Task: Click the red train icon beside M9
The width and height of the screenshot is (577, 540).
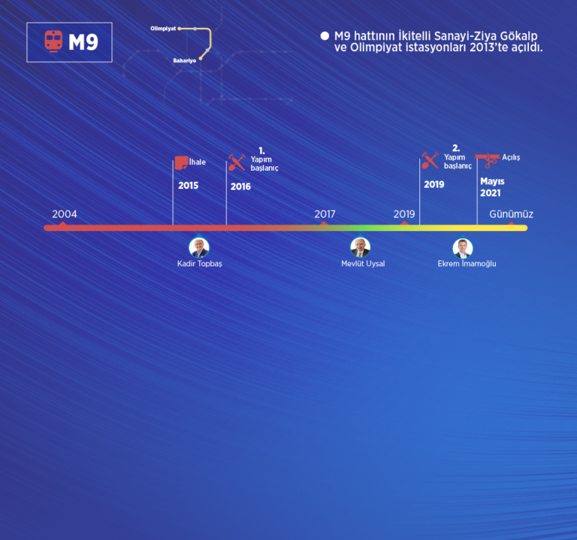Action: pos(53,41)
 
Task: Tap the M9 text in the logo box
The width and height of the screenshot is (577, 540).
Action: pos(83,42)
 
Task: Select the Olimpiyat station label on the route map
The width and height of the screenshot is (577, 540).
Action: pos(163,29)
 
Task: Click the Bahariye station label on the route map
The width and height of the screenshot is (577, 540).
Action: pos(184,60)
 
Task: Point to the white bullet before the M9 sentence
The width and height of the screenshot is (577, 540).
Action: pos(325,36)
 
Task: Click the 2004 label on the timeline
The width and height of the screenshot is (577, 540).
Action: pos(65,214)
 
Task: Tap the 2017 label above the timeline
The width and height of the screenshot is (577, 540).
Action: pos(325,214)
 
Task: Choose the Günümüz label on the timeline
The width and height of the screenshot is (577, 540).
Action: pos(511,214)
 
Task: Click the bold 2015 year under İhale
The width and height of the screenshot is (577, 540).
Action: pos(188,185)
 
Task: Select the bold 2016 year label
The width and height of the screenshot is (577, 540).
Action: pos(240,187)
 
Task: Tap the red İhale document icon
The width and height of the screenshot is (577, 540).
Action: pos(181,162)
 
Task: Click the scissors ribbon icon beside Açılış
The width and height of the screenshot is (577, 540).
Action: pos(488,160)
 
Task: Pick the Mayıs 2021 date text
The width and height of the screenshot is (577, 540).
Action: pos(492,187)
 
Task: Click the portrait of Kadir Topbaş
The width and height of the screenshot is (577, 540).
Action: pos(199,247)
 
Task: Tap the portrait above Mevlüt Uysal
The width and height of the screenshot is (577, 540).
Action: pos(361,247)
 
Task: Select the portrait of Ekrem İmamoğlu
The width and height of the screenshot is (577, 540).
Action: pos(463,248)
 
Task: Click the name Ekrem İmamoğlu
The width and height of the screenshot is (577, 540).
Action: pos(467,264)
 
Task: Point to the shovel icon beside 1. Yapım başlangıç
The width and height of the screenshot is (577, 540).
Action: pos(237,162)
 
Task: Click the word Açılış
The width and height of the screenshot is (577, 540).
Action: pos(511,157)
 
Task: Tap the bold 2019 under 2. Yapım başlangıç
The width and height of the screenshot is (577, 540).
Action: pos(434,184)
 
